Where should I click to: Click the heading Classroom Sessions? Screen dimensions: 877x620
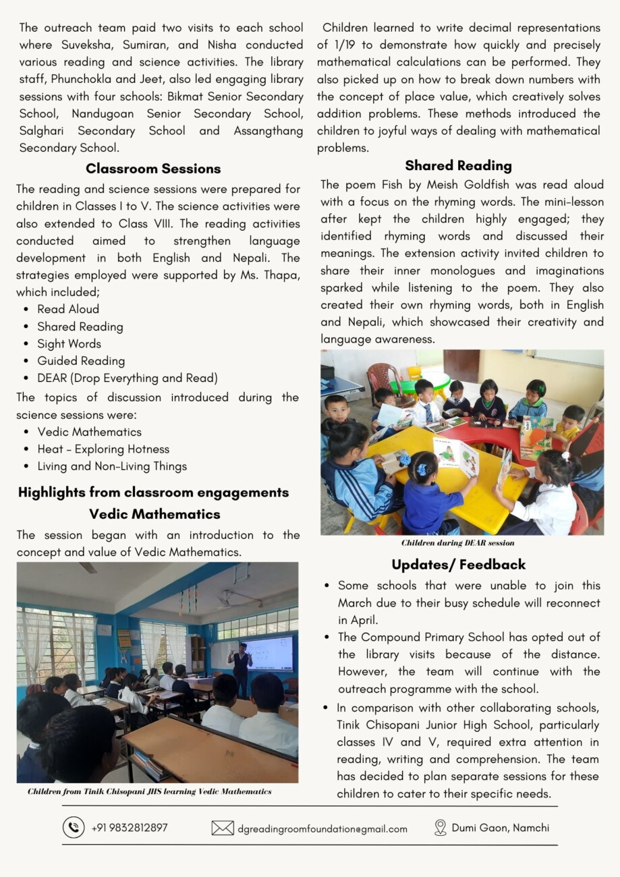pyautogui.click(x=153, y=169)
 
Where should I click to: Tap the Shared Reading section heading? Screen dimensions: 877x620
pyautogui.click(x=459, y=165)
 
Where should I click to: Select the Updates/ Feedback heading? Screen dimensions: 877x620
pyautogui.click(x=458, y=564)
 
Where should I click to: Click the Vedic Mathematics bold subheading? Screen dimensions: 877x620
pyautogui.click(x=154, y=514)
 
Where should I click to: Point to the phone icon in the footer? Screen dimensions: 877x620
pyautogui.click(x=74, y=827)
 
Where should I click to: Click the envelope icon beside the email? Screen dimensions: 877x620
pyautogui.click(x=223, y=828)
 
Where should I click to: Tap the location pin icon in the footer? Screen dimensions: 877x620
pyautogui.click(x=441, y=828)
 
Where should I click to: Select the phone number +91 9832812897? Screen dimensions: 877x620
pyautogui.click(x=130, y=827)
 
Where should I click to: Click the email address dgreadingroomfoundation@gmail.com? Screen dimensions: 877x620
pyautogui.click(x=322, y=828)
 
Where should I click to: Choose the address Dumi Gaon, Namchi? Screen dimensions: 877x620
pyautogui.click(x=500, y=827)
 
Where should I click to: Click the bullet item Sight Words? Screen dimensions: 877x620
pyautogui.click(x=69, y=343)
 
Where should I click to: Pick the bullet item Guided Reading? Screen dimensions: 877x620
pyautogui.click(x=81, y=361)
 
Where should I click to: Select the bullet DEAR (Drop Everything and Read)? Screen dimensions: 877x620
pyautogui.click(x=128, y=378)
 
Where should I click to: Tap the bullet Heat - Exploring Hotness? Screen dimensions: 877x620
pyautogui.click(x=103, y=449)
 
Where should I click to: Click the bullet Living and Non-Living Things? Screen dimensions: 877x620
pyautogui.click(x=112, y=466)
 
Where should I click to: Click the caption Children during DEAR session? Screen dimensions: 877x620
pyautogui.click(x=457, y=542)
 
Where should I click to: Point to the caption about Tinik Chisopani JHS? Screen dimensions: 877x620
pyautogui.click(x=150, y=791)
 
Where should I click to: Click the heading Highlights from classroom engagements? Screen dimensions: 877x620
pyautogui.click(x=153, y=492)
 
